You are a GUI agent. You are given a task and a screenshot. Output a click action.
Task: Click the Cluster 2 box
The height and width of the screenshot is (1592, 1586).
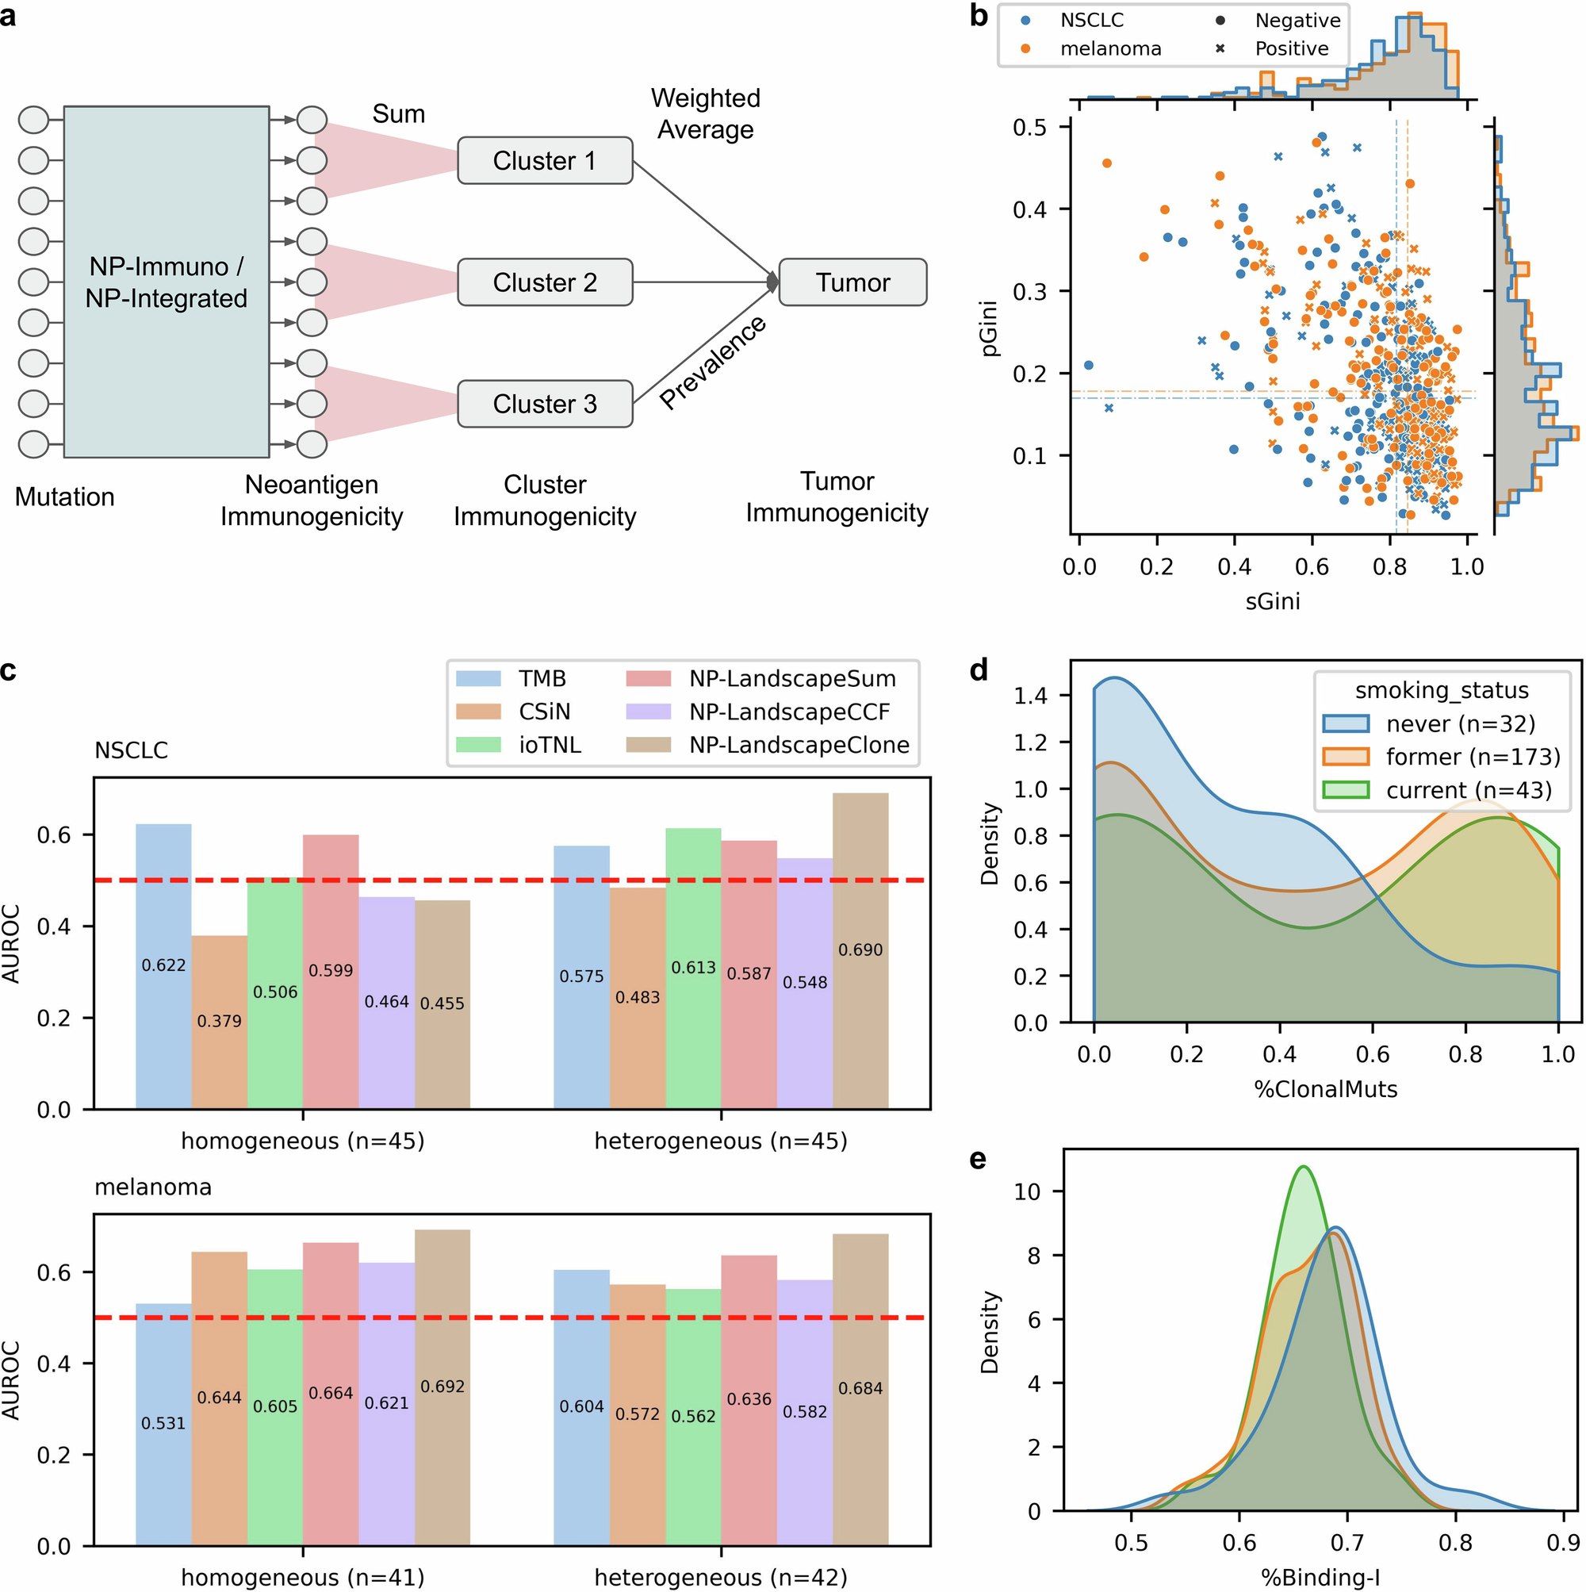(545, 282)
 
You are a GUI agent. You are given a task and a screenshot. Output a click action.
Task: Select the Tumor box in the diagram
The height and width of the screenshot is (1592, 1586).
(852, 282)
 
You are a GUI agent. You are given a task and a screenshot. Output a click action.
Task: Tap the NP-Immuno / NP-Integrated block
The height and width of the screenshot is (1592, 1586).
(167, 282)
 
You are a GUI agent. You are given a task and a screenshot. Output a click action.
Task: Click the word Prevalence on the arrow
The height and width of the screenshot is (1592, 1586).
(713, 363)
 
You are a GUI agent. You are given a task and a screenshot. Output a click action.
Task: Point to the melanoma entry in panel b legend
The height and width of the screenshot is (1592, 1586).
(1109, 48)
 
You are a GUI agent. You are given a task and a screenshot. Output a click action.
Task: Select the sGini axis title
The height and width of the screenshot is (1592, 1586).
(1272, 600)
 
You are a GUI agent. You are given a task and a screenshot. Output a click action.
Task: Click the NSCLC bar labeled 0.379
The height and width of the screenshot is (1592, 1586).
(219, 1022)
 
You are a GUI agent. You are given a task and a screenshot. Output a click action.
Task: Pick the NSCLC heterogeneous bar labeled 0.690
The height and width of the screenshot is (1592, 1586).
(860, 950)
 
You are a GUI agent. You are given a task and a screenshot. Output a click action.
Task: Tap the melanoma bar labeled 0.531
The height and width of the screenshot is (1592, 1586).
(163, 1423)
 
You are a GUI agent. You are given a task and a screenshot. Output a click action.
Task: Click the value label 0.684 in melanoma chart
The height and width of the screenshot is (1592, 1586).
(860, 1388)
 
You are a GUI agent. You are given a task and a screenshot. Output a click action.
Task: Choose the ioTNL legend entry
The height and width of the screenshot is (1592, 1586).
(549, 745)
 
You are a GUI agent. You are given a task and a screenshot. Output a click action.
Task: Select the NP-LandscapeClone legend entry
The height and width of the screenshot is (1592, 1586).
(799, 745)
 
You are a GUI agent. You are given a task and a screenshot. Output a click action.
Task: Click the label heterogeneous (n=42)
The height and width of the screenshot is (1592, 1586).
(721, 1577)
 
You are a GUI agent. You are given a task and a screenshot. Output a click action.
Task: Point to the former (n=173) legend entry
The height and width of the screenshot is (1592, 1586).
(1473, 757)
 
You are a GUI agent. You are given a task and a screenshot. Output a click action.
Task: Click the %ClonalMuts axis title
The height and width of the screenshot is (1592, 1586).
(1326, 1089)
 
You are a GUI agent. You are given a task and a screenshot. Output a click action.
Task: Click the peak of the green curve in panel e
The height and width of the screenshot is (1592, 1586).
(1304, 1167)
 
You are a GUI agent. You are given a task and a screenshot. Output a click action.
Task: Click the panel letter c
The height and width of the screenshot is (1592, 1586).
(8, 670)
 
